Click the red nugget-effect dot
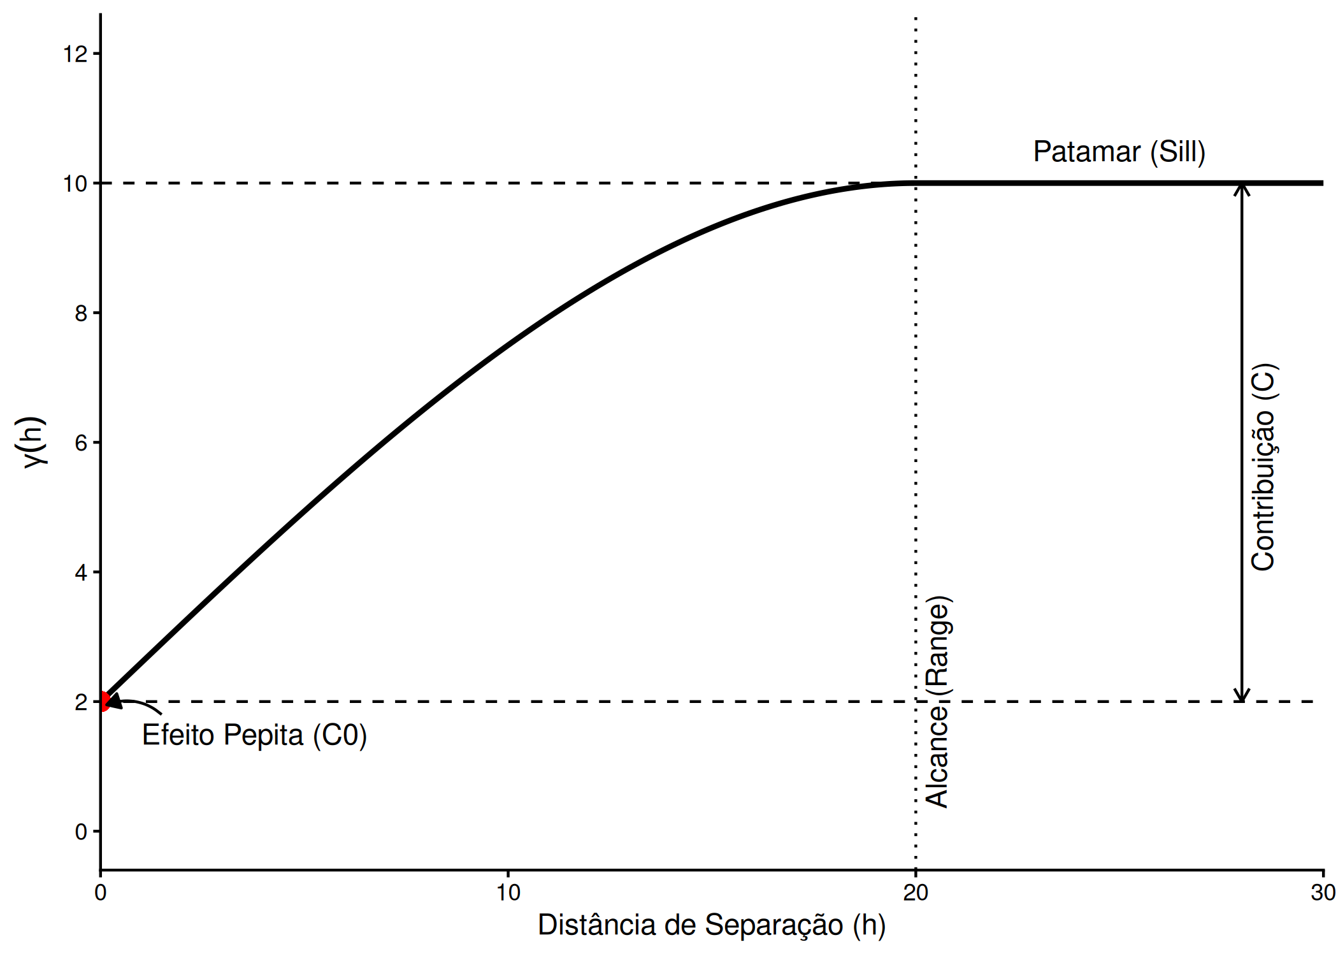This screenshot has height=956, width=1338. coord(102,701)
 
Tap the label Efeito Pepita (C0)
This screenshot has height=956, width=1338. coord(254,735)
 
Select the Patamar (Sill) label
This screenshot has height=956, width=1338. coord(1119,152)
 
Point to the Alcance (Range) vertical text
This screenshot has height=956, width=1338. coord(938,702)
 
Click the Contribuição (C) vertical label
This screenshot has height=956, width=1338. coord(1263,467)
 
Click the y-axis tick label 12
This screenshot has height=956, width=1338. coord(75,54)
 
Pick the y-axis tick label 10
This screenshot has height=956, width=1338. coord(75,184)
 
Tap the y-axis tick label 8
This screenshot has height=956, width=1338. coord(81,314)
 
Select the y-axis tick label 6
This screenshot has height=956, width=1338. coord(81,443)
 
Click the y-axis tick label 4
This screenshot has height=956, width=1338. coord(81,572)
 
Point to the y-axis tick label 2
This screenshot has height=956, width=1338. coord(81,702)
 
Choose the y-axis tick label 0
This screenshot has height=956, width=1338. coord(81,832)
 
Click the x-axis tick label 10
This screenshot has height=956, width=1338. coord(508,893)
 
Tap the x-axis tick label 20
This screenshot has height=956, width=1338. coord(916,893)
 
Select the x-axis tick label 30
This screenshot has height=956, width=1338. coord(1323,893)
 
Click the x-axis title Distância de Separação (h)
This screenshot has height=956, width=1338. coord(712,925)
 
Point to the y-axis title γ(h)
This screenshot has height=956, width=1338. coord(32,442)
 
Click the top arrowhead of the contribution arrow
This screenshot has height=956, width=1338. coord(1241,189)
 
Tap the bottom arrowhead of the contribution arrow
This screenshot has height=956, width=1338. coord(1241,695)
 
